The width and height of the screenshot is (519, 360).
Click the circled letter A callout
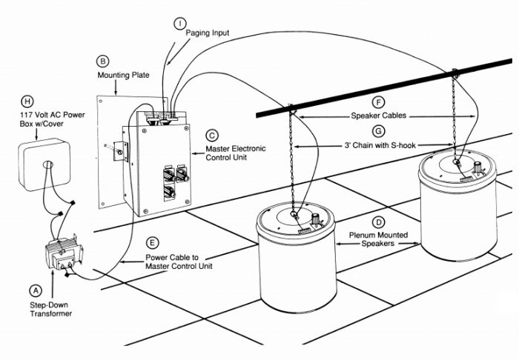pyautogui.click(x=36, y=290)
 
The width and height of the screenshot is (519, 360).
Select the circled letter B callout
pyautogui.click(x=102, y=61)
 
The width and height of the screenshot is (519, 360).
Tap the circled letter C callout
pyautogui.click(x=212, y=136)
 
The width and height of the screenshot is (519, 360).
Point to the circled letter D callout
pyautogui.click(x=378, y=222)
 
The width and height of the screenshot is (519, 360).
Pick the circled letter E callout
pyautogui.click(x=152, y=243)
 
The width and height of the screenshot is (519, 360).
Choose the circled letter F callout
pyautogui.click(x=378, y=102)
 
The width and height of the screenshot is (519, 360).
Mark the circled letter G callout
pyautogui.click(x=378, y=131)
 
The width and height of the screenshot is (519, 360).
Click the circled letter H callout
pyautogui.click(x=27, y=101)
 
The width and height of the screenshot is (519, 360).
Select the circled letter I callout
pyautogui.click(x=180, y=23)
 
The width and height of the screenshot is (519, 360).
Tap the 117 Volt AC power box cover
pyautogui.click(x=44, y=164)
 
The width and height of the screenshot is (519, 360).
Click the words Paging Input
pyautogui.click(x=207, y=33)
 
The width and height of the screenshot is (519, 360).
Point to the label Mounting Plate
pyautogui.click(x=123, y=75)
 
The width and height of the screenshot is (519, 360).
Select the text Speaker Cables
pyautogui.click(x=379, y=116)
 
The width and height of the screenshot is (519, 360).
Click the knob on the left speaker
pyautogui.click(x=315, y=219)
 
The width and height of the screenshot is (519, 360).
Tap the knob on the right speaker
pyautogui.click(x=477, y=167)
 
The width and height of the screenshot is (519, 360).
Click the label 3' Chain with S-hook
pyautogui.click(x=380, y=145)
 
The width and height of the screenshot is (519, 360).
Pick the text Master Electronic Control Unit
pyautogui.click(x=236, y=153)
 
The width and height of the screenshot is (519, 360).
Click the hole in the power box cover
pyautogui.click(x=48, y=164)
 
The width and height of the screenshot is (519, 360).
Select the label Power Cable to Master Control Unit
pyautogui.click(x=179, y=261)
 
